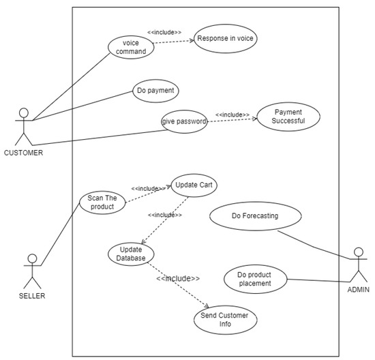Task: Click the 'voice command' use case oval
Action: pos(130,46)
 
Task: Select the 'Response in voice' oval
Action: pos(225,39)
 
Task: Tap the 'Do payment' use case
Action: pos(156,90)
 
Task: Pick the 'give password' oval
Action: pos(184,121)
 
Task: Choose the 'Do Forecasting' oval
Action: pos(255,216)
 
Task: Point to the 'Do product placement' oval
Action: pos(254,279)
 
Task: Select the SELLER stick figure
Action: pos(31,271)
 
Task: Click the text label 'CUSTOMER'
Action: pos(24,153)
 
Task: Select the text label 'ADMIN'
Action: pos(359,290)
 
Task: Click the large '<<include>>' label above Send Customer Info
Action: pos(178,278)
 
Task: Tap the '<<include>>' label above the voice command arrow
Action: pos(164,31)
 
